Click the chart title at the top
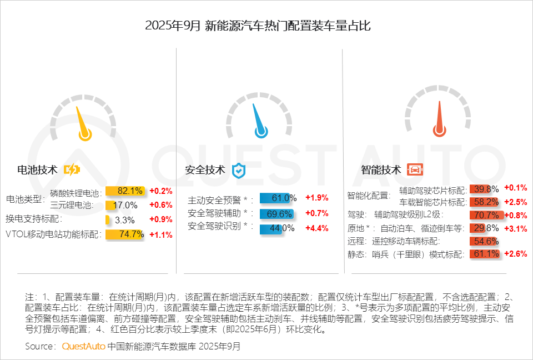click(266, 26)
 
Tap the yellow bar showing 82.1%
click(125, 191)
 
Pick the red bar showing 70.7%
click(486, 215)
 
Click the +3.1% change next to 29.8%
click(515, 228)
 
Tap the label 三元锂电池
click(72, 205)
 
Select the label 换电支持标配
click(33, 220)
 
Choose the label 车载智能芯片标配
click(433, 202)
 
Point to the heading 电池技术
click(37, 169)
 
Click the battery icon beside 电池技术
click(72, 169)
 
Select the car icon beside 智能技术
click(414, 169)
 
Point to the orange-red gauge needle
click(439, 121)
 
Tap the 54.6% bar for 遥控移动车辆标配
click(483, 241)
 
